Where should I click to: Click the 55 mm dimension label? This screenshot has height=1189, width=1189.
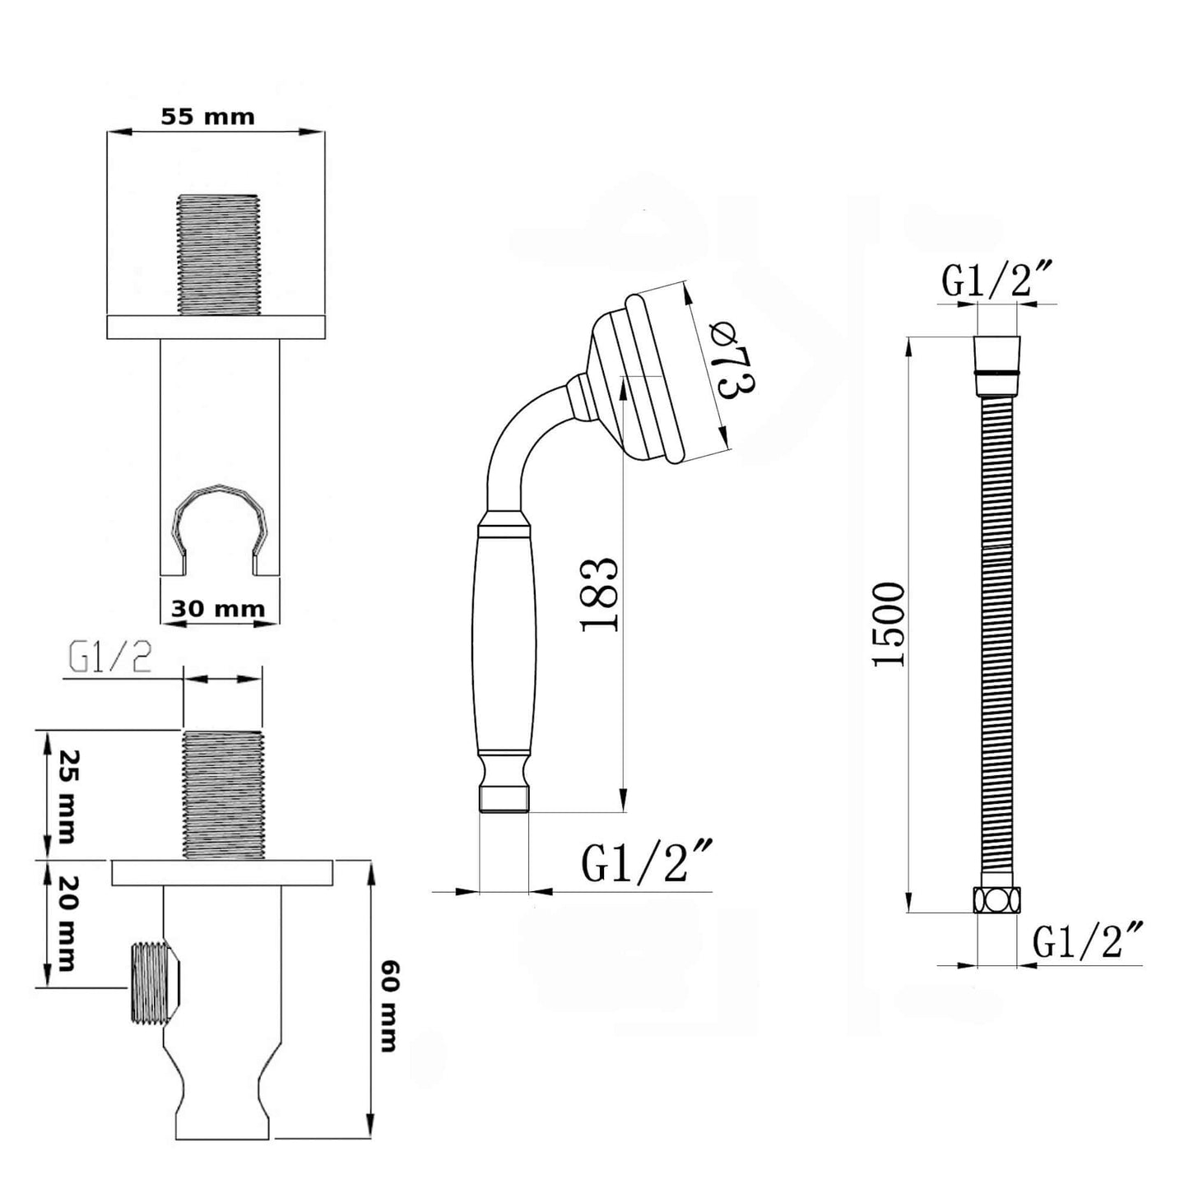207,117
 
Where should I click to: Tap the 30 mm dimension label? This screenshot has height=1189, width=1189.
218,609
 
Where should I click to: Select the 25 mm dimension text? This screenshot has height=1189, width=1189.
66,797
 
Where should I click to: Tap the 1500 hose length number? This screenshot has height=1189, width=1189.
889,623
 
